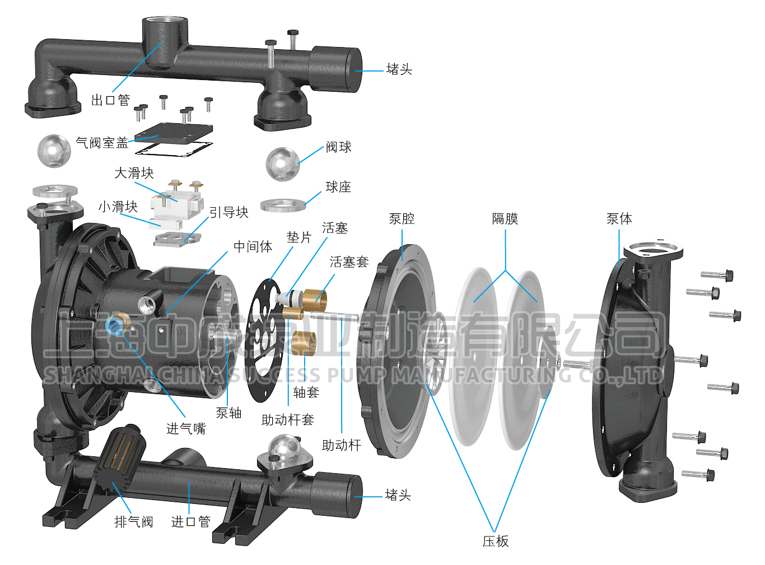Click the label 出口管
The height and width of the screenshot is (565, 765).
pyautogui.click(x=110, y=100)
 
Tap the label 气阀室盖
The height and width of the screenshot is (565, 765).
pyautogui.click(x=102, y=143)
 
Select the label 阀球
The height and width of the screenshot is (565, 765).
pyautogui.click(x=338, y=147)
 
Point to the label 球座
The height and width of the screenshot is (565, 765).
pyautogui.click(x=338, y=187)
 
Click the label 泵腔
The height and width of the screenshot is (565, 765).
pyautogui.click(x=402, y=219)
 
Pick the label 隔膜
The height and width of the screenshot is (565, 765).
pyautogui.click(x=505, y=219)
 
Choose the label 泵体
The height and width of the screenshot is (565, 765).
pyautogui.click(x=619, y=219)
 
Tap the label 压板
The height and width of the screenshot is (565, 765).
pyautogui.click(x=496, y=541)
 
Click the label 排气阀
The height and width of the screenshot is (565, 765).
pyautogui.click(x=133, y=522)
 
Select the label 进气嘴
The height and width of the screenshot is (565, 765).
pyautogui.click(x=186, y=429)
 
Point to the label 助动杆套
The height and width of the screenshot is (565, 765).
pyautogui.click(x=287, y=420)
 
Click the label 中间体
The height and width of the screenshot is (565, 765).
pyautogui.click(x=253, y=246)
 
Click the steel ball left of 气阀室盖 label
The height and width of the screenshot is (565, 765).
pyautogui.click(x=54, y=150)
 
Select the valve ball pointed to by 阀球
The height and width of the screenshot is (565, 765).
pyautogui.click(x=282, y=164)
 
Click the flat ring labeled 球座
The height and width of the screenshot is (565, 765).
pyautogui.click(x=283, y=205)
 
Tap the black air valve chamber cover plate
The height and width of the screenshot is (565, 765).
pyautogui.click(x=174, y=133)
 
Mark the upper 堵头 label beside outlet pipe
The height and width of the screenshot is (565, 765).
pyautogui.click(x=399, y=69)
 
